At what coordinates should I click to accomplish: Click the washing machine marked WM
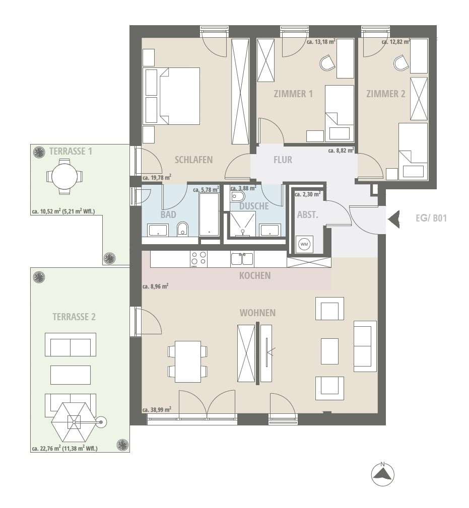tap(304, 244)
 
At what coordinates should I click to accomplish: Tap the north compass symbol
tap(383, 474)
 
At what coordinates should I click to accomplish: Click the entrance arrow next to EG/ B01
tap(394, 220)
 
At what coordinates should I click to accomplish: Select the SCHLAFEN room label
tap(194, 160)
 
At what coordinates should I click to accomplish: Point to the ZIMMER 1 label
tap(293, 94)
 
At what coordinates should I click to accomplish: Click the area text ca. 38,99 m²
tap(157, 410)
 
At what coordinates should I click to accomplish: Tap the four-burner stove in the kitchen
tap(198, 259)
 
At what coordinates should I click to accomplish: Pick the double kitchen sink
tap(242, 259)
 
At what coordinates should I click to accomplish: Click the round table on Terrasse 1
tap(64, 177)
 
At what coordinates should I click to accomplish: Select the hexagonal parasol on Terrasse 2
tap(74, 422)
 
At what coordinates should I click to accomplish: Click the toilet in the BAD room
tap(183, 229)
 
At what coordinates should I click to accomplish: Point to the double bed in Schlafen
tap(179, 96)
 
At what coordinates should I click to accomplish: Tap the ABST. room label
tap(308, 215)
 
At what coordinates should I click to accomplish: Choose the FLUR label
tap(283, 160)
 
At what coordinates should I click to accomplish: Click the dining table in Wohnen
tap(188, 361)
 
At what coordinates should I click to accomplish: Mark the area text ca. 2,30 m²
tap(308, 194)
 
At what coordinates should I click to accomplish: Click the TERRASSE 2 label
tap(74, 317)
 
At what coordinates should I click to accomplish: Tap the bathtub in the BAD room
tap(209, 215)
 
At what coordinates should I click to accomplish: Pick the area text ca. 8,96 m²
tap(155, 286)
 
